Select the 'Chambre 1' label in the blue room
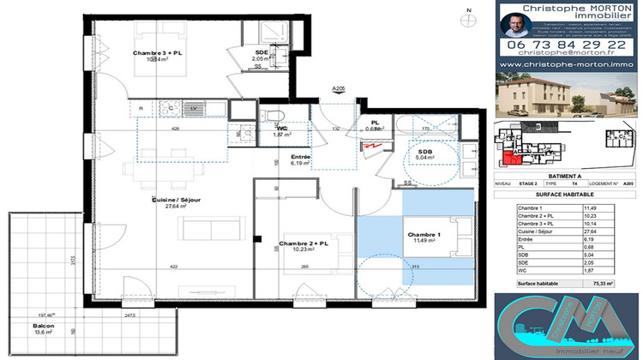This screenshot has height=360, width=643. (x=424, y=234)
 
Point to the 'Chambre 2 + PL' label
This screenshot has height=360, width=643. (x=303, y=243)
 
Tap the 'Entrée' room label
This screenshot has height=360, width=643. (x=300, y=157)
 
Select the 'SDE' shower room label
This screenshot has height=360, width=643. (x=261, y=52)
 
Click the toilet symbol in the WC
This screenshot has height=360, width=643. (x=273, y=116)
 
